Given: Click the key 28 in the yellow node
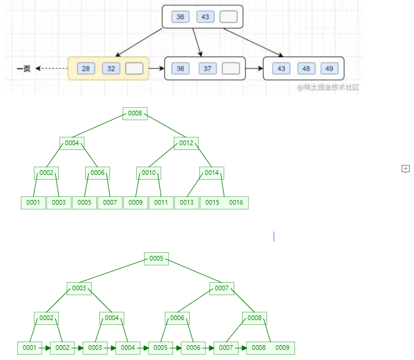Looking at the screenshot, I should [x=86, y=68].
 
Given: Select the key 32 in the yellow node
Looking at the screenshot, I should [x=111, y=68].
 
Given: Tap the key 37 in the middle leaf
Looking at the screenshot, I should [x=208, y=68].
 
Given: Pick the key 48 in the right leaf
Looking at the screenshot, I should [x=306, y=68].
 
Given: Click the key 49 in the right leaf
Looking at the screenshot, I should [x=330, y=68].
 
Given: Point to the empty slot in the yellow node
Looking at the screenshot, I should [x=134, y=68].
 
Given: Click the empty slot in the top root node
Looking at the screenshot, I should [x=228, y=17].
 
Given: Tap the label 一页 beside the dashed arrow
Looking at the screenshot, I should [x=23, y=69].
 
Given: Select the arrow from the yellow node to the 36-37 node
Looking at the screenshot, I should [x=155, y=68].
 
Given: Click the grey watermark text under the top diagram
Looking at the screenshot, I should [x=328, y=87].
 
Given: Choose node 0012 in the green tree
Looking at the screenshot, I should [x=186, y=143].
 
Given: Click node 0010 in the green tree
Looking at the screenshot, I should [x=148, y=173].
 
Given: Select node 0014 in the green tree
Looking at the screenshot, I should [x=212, y=173].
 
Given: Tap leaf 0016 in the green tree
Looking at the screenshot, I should [x=236, y=202].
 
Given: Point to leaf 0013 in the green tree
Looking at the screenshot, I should [x=186, y=202].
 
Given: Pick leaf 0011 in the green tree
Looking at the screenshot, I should [x=161, y=202].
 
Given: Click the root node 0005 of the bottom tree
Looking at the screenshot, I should [x=156, y=259].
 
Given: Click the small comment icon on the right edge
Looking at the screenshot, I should [x=406, y=169].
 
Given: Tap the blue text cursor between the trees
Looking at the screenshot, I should [x=274, y=236].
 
